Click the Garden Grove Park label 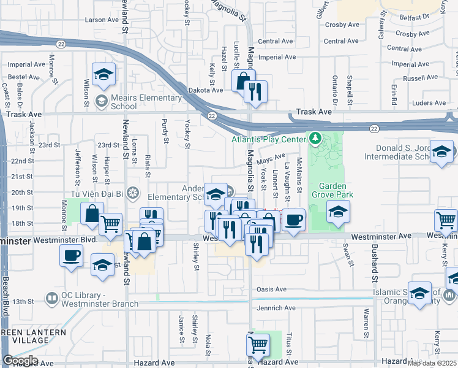(x=332, y=191)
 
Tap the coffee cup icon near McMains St (x=293, y=219)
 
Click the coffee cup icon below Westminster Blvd (x=72, y=255)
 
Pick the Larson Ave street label (x=102, y=20)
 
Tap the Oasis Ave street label (x=272, y=289)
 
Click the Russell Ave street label (x=421, y=78)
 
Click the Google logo (x=20, y=361)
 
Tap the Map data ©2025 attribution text (x=432, y=363)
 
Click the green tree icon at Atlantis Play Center (x=315, y=138)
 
